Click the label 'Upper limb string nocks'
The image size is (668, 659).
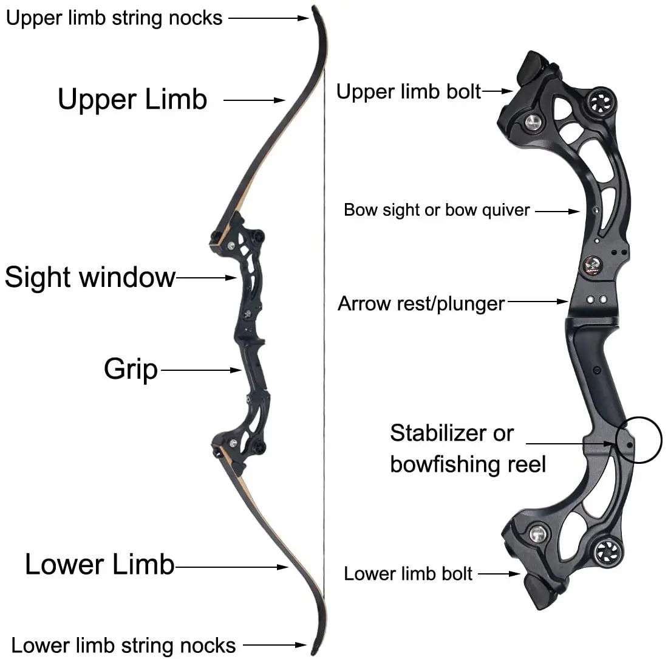point(114,18)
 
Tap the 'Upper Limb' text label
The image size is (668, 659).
point(132,99)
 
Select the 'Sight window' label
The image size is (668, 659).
point(90,278)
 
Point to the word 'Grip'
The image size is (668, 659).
point(131,369)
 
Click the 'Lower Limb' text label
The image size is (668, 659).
point(100,565)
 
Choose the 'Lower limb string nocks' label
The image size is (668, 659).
point(124,645)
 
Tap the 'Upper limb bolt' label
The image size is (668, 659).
point(409,92)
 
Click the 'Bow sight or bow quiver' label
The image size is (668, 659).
point(437,210)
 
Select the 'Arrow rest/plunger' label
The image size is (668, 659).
point(421,303)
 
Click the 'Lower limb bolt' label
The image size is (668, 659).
point(408,573)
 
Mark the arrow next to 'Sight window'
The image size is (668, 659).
point(206,278)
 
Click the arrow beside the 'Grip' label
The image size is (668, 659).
point(200,369)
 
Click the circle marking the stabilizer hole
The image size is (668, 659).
point(638,440)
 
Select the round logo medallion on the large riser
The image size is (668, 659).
point(591,264)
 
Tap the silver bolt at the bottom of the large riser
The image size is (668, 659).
point(536,534)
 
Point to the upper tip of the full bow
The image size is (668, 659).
point(315,8)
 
